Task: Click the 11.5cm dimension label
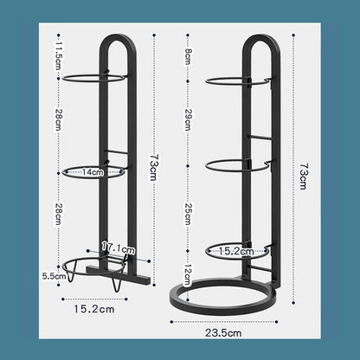pos(58,56)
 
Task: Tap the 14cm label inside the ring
pos(93,172)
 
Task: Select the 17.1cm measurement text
pos(118,247)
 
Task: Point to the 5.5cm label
pos(55,276)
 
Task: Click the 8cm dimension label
pos(188,56)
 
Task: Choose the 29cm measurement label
pos(188,119)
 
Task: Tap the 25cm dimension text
pos(188,214)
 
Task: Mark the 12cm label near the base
pos(188,275)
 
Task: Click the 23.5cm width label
pos(223,333)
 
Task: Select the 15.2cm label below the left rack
pos(94,309)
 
